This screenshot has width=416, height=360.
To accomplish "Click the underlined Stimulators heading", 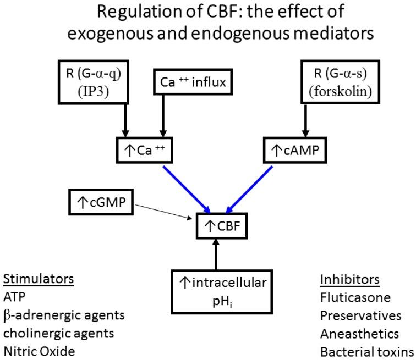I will tap(39, 279).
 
